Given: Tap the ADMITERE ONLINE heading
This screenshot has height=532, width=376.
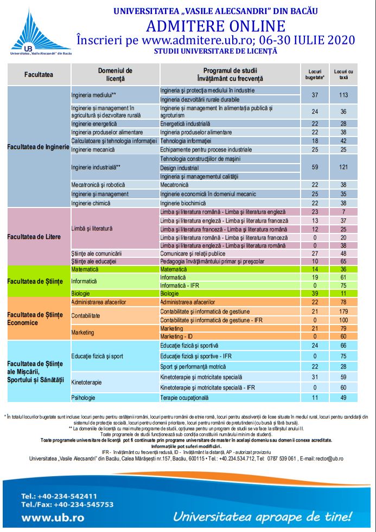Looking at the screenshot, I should [x=215, y=25].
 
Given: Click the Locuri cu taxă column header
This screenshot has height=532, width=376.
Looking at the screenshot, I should [x=343, y=75].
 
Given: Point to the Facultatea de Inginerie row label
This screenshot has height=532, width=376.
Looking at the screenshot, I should [x=38, y=147].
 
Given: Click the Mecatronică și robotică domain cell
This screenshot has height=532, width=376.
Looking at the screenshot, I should [x=98, y=185].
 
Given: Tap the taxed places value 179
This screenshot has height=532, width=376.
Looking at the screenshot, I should [x=343, y=311].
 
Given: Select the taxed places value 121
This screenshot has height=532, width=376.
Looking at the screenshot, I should [x=343, y=167].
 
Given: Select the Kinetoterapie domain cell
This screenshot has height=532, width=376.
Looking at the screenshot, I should [x=87, y=382].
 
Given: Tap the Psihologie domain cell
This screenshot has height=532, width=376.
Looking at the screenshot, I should [x=84, y=398].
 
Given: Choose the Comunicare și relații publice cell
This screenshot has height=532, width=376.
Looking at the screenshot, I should [x=195, y=253].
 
